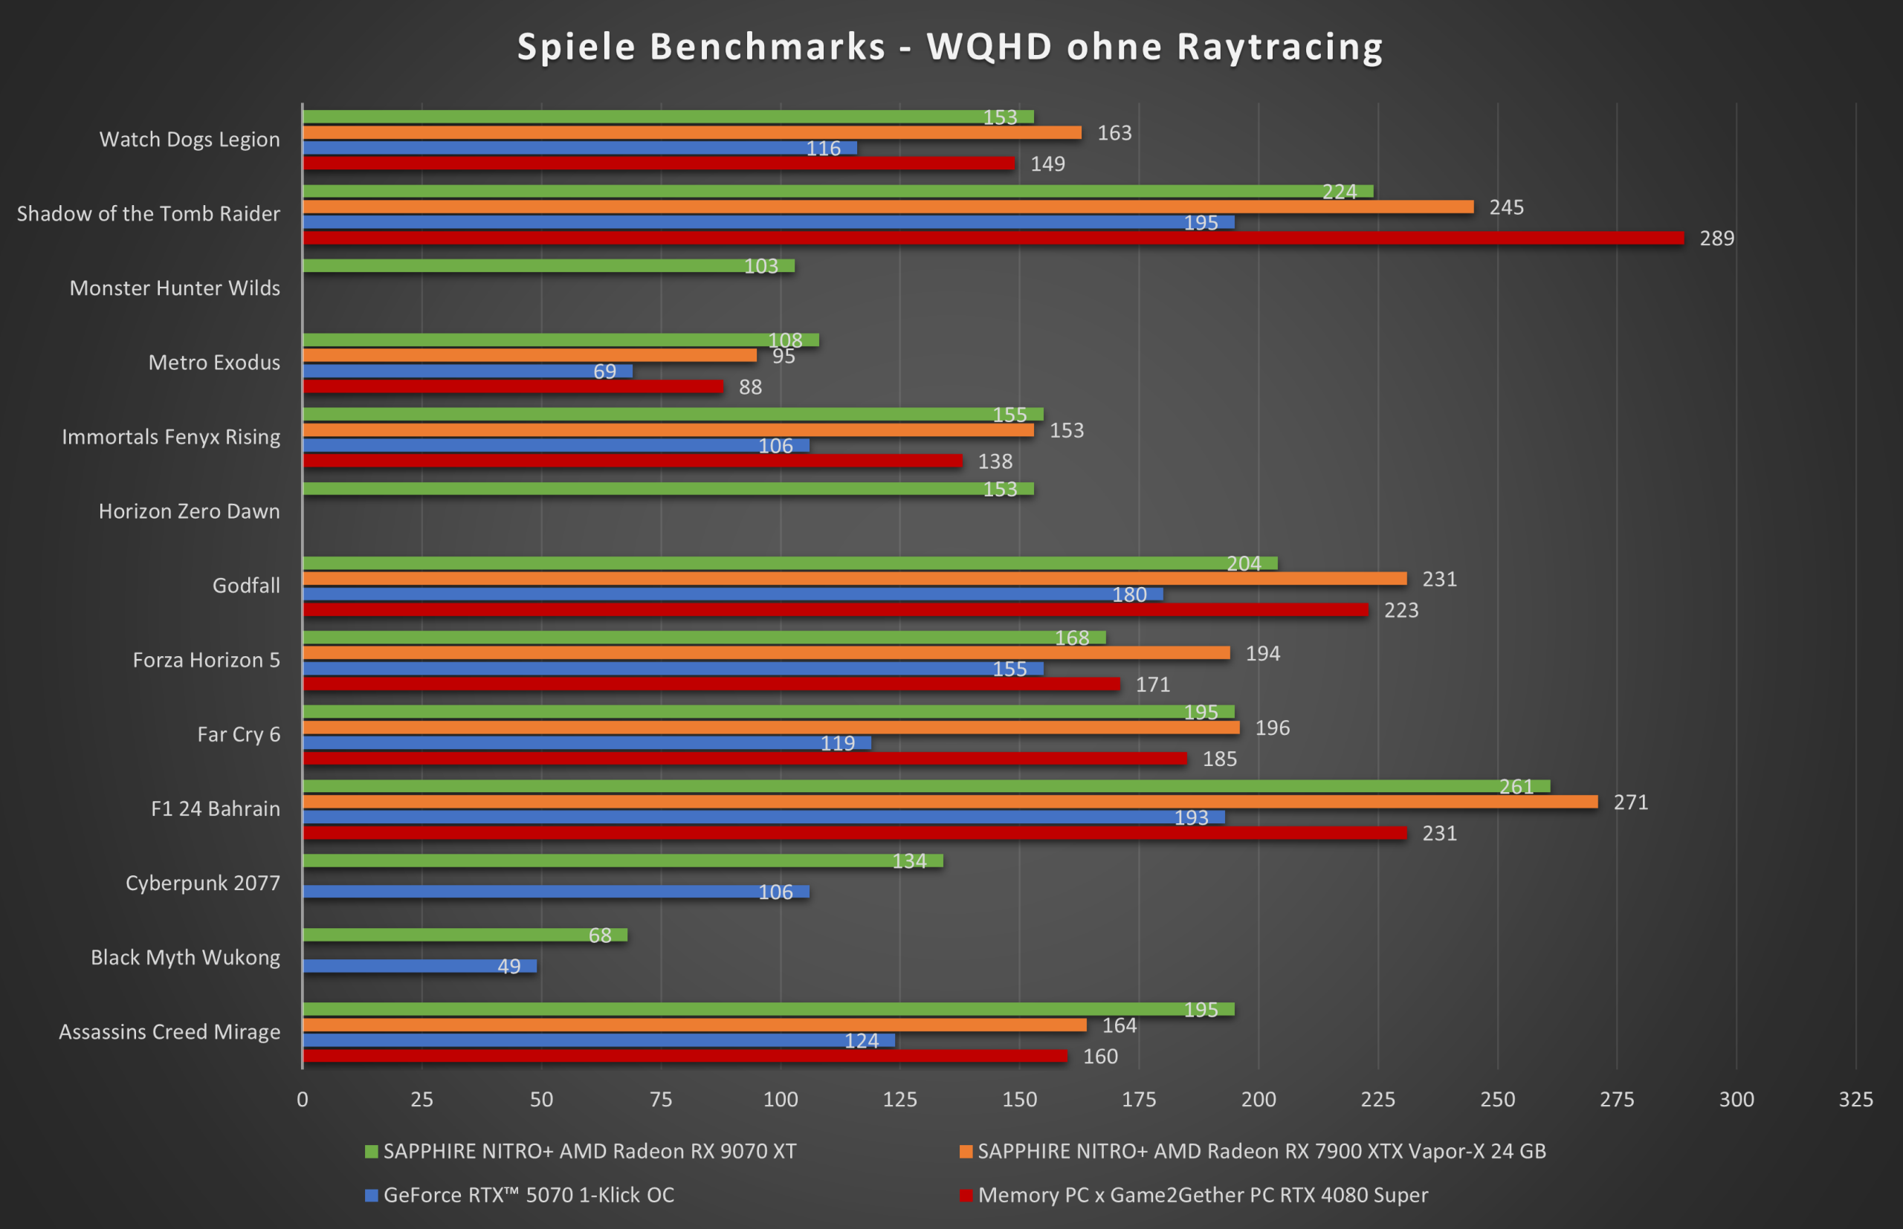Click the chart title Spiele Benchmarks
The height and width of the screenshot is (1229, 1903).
pos(950,46)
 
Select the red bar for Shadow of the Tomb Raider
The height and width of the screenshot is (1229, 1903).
pos(993,238)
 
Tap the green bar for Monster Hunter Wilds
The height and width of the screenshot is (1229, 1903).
pos(549,266)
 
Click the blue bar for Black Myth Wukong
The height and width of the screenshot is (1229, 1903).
pos(419,966)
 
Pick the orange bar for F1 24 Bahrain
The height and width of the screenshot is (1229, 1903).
pos(950,801)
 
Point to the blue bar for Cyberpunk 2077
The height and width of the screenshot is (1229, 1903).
pos(555,892)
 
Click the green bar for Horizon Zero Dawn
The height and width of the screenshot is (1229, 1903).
pos(668,488)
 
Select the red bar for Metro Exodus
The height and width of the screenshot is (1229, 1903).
pos(512,386)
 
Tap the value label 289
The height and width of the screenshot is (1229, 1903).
pos(1716,239)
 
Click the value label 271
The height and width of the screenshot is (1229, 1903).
pos(1630,802)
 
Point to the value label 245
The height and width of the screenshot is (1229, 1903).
pos(1506,207)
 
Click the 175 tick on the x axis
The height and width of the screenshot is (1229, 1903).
pos(1139,1100)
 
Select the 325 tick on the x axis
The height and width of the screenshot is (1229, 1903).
pos(1856,1100)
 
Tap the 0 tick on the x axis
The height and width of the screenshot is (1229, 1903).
pos(303,1100)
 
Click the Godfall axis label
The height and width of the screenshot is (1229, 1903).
pos(246,586)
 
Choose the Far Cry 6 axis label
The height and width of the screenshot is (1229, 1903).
pos(239,734)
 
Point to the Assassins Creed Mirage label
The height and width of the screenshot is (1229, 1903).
pos(169,1032)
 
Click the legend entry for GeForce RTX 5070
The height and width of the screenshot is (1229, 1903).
pos(529,1195)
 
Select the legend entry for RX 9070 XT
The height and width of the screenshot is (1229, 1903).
pos(589,1151)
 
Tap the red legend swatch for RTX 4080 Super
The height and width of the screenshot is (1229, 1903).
pos(966,1195)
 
